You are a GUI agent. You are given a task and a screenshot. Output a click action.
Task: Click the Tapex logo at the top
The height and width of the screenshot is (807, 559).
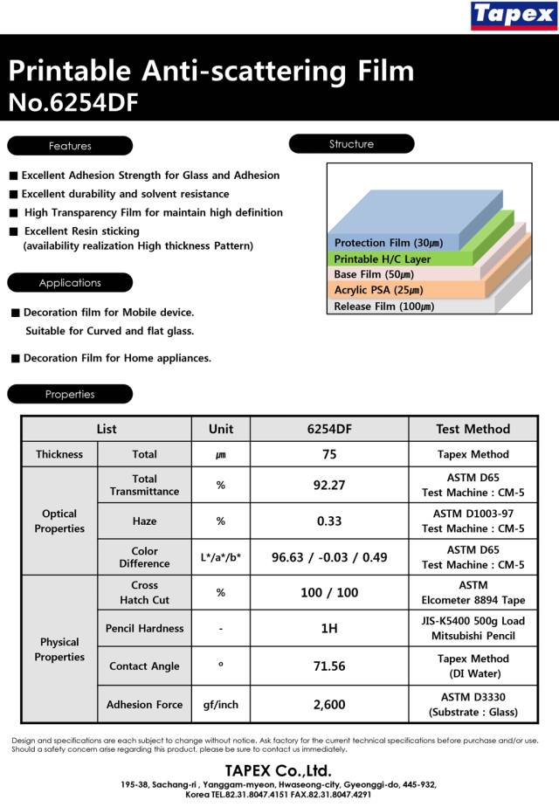[513, 17]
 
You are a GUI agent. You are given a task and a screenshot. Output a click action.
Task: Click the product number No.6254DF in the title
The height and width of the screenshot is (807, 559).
[72, 103]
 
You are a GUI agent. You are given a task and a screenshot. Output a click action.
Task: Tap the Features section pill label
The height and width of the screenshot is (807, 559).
[70, 146]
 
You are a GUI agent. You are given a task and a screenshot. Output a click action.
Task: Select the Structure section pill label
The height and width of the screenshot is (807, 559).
[351, 144]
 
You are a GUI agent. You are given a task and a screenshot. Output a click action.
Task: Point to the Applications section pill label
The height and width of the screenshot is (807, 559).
[70, 283]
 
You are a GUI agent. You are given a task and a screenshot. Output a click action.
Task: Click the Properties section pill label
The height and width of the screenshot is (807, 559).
[70, 394]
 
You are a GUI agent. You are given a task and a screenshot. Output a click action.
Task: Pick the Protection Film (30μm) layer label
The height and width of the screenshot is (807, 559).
[388, 243]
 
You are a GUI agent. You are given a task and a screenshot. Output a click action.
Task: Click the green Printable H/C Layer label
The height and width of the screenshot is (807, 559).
[382, 259]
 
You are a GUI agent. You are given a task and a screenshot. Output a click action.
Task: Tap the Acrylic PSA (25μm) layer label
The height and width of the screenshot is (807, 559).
[378, 290]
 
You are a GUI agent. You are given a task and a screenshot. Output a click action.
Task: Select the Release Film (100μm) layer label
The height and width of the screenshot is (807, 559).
[383, 307]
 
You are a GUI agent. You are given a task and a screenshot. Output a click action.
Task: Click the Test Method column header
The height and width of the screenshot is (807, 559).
[473, 429]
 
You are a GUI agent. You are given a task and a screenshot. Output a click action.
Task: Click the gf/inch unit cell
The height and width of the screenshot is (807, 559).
[221, 705]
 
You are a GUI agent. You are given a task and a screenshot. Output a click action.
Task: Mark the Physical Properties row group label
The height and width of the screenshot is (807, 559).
[59, 650]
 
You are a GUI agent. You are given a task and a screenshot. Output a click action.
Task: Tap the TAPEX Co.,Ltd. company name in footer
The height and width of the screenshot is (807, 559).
[279, 770]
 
